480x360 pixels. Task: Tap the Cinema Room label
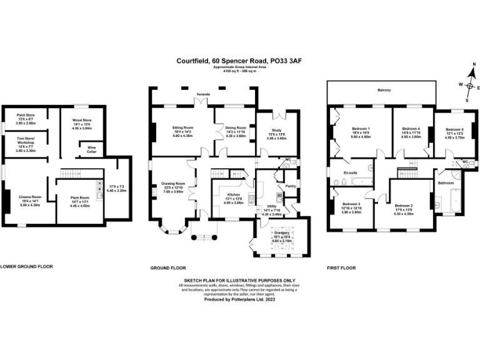coord(30,196)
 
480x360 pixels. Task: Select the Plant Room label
coord(81,197)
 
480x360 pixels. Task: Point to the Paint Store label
coord(26,115)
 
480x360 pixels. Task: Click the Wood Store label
coord(82,121)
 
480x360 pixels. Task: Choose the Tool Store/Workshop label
coord(26,140)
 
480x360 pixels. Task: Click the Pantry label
coord(290,186)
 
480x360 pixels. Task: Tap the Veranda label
coord(203,94)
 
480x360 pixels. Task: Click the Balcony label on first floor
coord(384,91)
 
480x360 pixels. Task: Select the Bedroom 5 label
coord(454,129)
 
